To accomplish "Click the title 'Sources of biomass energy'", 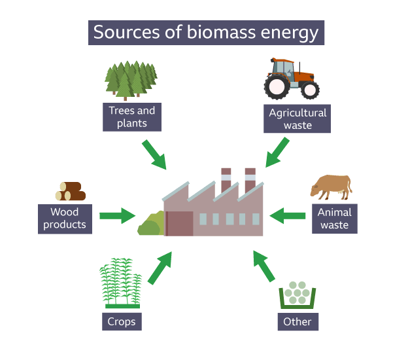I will pos(205,33).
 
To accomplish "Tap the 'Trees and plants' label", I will pos(132,117).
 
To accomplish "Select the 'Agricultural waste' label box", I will pos(297,118).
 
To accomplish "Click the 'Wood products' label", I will pos(64,218).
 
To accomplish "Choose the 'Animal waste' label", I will pos(334,218).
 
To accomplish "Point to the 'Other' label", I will pos(297,321).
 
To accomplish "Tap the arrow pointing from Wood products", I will pos(117,215).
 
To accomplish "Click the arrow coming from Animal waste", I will pos(288,215).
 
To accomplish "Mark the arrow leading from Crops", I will pos(160,268).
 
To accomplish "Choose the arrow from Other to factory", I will pos(264,268).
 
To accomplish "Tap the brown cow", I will pos(331,186).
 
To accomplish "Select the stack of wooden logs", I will pos(71,191).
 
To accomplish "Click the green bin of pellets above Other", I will pos(297,295).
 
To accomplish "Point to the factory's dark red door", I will pos(179,223).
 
